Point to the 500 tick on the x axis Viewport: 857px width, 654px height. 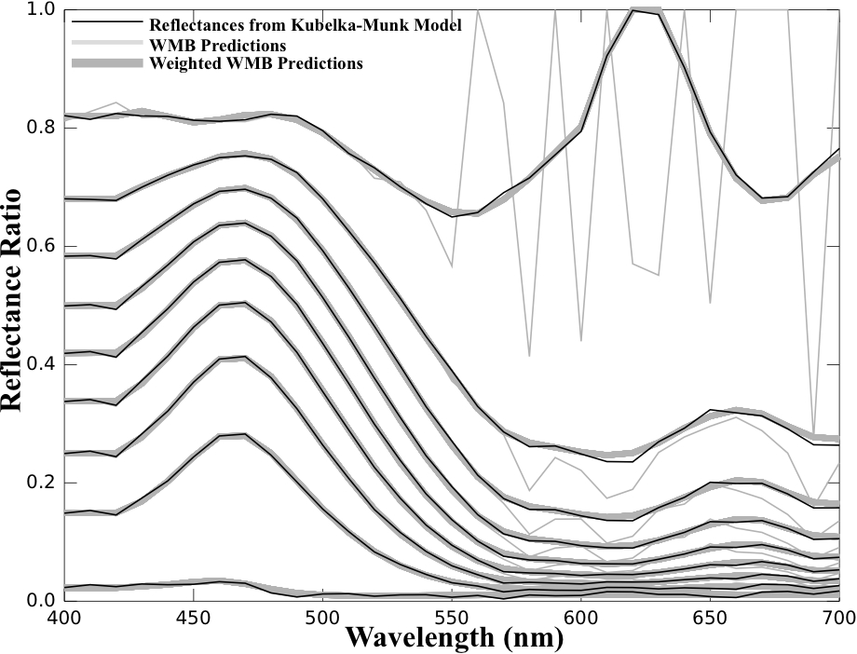coord(321,617)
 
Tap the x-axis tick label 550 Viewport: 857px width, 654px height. coord(451,617)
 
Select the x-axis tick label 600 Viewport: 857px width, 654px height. coord(580,617)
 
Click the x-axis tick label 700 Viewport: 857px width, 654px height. coord(835,617)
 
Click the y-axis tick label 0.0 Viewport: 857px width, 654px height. coord(42,601)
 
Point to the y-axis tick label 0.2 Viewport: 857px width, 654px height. coord(42,483)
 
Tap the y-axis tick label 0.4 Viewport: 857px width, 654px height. coord(42,364)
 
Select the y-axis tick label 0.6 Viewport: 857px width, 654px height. coord(42,246)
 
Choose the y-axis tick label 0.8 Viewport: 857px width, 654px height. coord(42,128)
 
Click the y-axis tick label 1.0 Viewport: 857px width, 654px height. coord(42,10)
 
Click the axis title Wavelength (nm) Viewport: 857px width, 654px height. coord(454,639)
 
